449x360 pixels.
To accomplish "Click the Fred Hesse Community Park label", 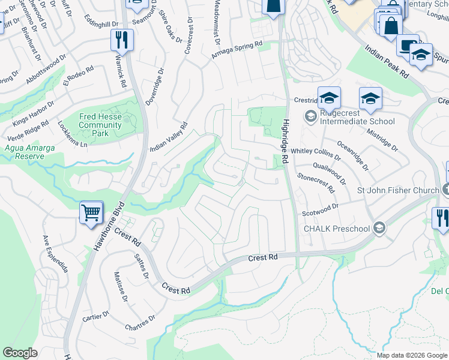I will click(100, 125).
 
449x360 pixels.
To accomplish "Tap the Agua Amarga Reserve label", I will click(25, 152).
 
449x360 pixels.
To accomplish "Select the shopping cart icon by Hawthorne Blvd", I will click(91, 212).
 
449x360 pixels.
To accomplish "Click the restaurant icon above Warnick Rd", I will click(122, 40).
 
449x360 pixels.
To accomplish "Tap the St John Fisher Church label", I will click(398, 191).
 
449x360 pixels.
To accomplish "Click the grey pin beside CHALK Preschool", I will click(379, 227).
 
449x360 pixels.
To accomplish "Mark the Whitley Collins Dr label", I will click(316, 155).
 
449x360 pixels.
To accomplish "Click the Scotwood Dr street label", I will click(321, 208).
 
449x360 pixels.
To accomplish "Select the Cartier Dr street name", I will click(95, 316).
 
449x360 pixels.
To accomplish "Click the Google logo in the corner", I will click(20, 353).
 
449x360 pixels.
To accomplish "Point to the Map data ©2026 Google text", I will click(411, 355).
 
